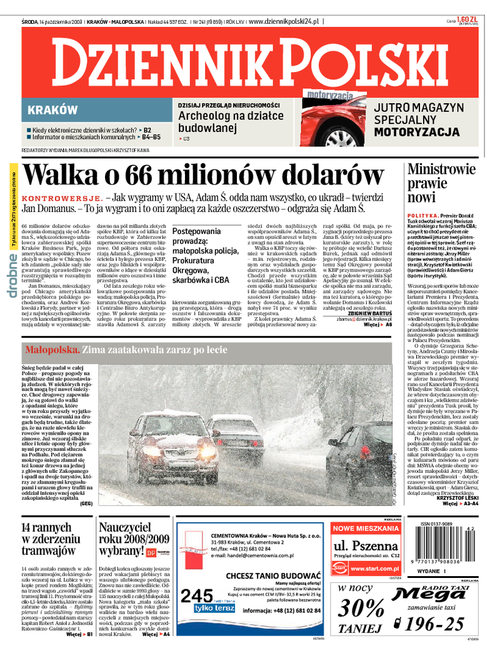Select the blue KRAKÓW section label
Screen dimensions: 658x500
tap(53, 110)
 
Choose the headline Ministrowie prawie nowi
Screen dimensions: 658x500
tap(437, 183)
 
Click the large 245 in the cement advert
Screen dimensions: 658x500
tap(196, 595)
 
